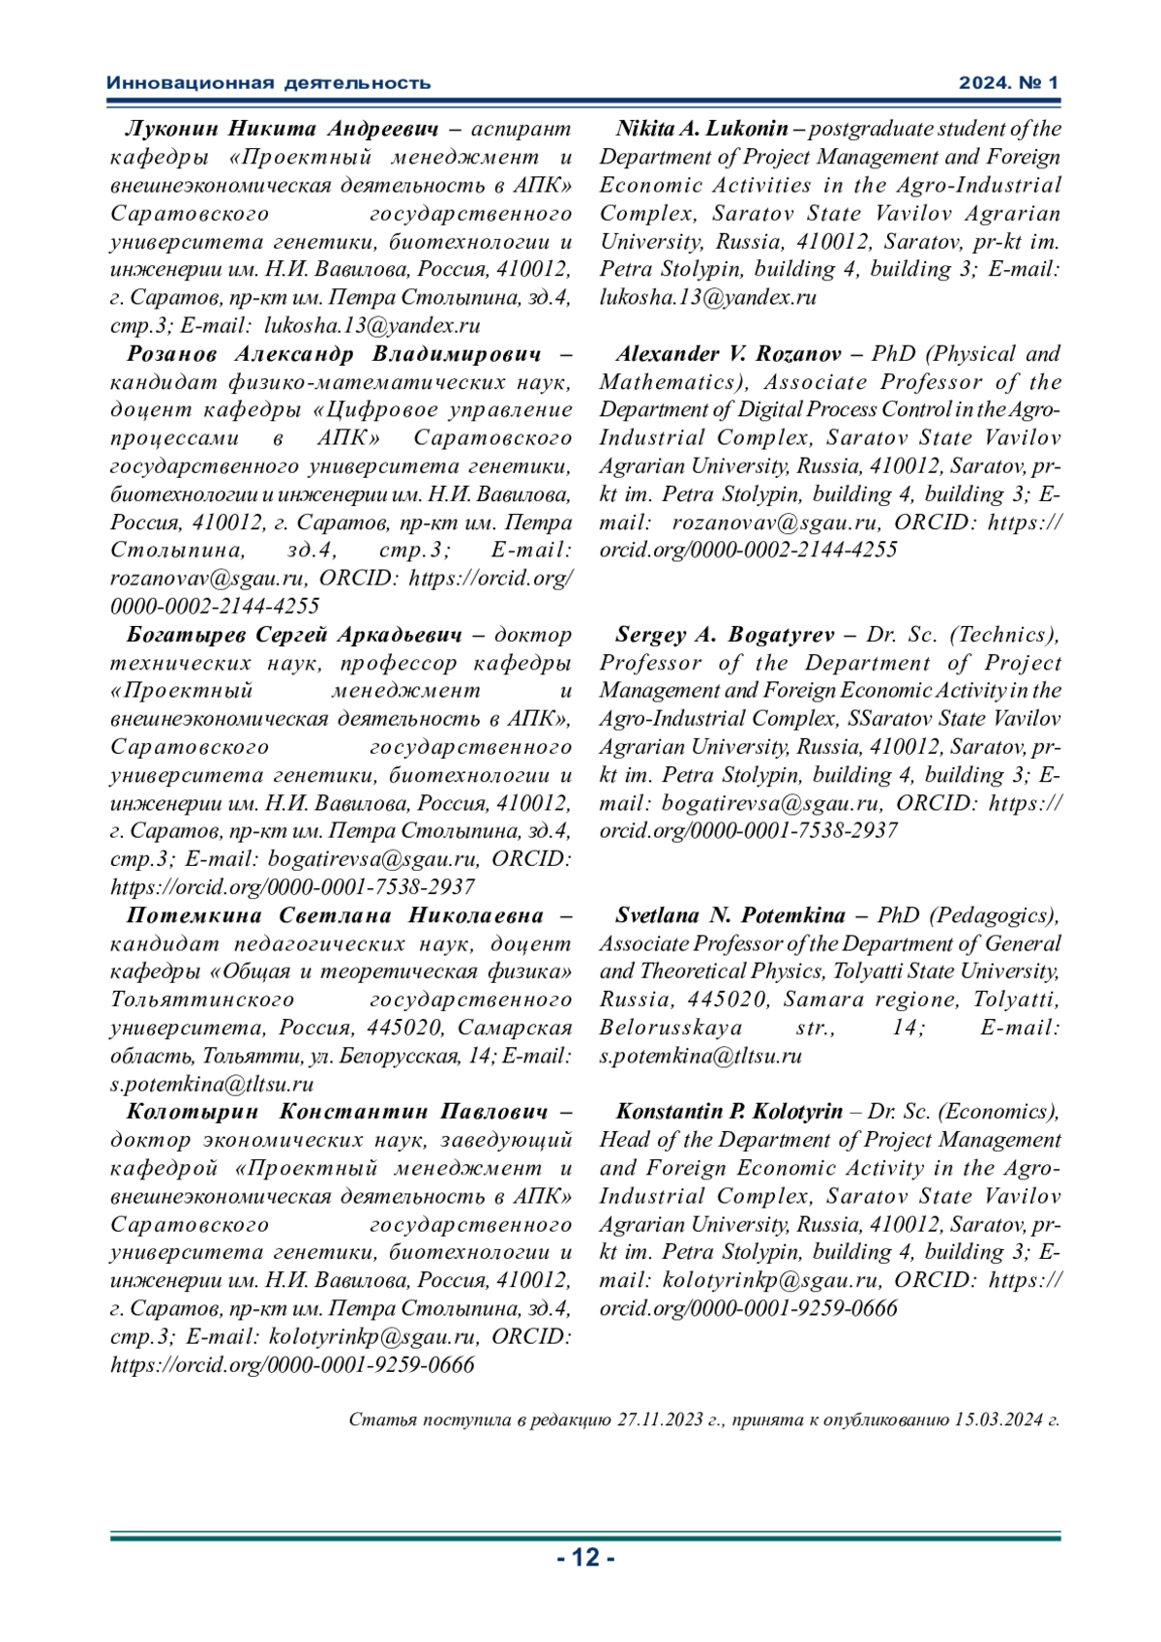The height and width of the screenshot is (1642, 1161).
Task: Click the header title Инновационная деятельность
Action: tap(268, 83)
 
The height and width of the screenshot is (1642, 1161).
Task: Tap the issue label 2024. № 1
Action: tap(1008, 83)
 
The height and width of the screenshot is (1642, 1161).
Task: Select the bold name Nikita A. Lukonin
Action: tap(701, 129)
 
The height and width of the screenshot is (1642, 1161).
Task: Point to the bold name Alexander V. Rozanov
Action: tap(728, 354)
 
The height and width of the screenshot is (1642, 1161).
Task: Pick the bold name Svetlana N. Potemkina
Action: tap(729, 915)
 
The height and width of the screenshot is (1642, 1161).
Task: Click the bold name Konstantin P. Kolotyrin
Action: tap(729, 1112)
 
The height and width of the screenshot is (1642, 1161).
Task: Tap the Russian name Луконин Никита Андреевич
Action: tap(282, 129)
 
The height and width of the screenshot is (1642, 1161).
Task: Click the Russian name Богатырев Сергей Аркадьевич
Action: tap(294, 635)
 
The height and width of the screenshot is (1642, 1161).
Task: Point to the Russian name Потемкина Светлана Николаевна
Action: tap(335, 915)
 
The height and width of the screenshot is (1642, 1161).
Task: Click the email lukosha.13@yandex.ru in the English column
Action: tap(708, 297)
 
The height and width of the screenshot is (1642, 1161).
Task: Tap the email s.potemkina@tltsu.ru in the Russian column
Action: tap(212, 1084)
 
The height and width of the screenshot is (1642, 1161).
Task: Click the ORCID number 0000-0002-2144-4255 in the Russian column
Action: tap(215, 607)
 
